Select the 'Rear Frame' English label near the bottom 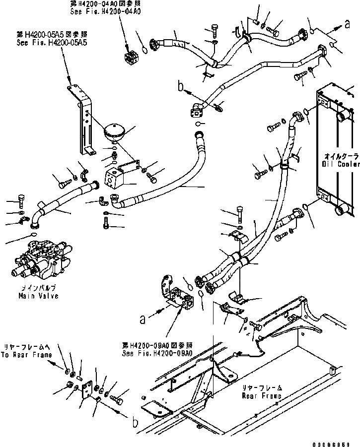coord(262,396)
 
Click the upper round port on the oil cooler coord(343,118)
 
